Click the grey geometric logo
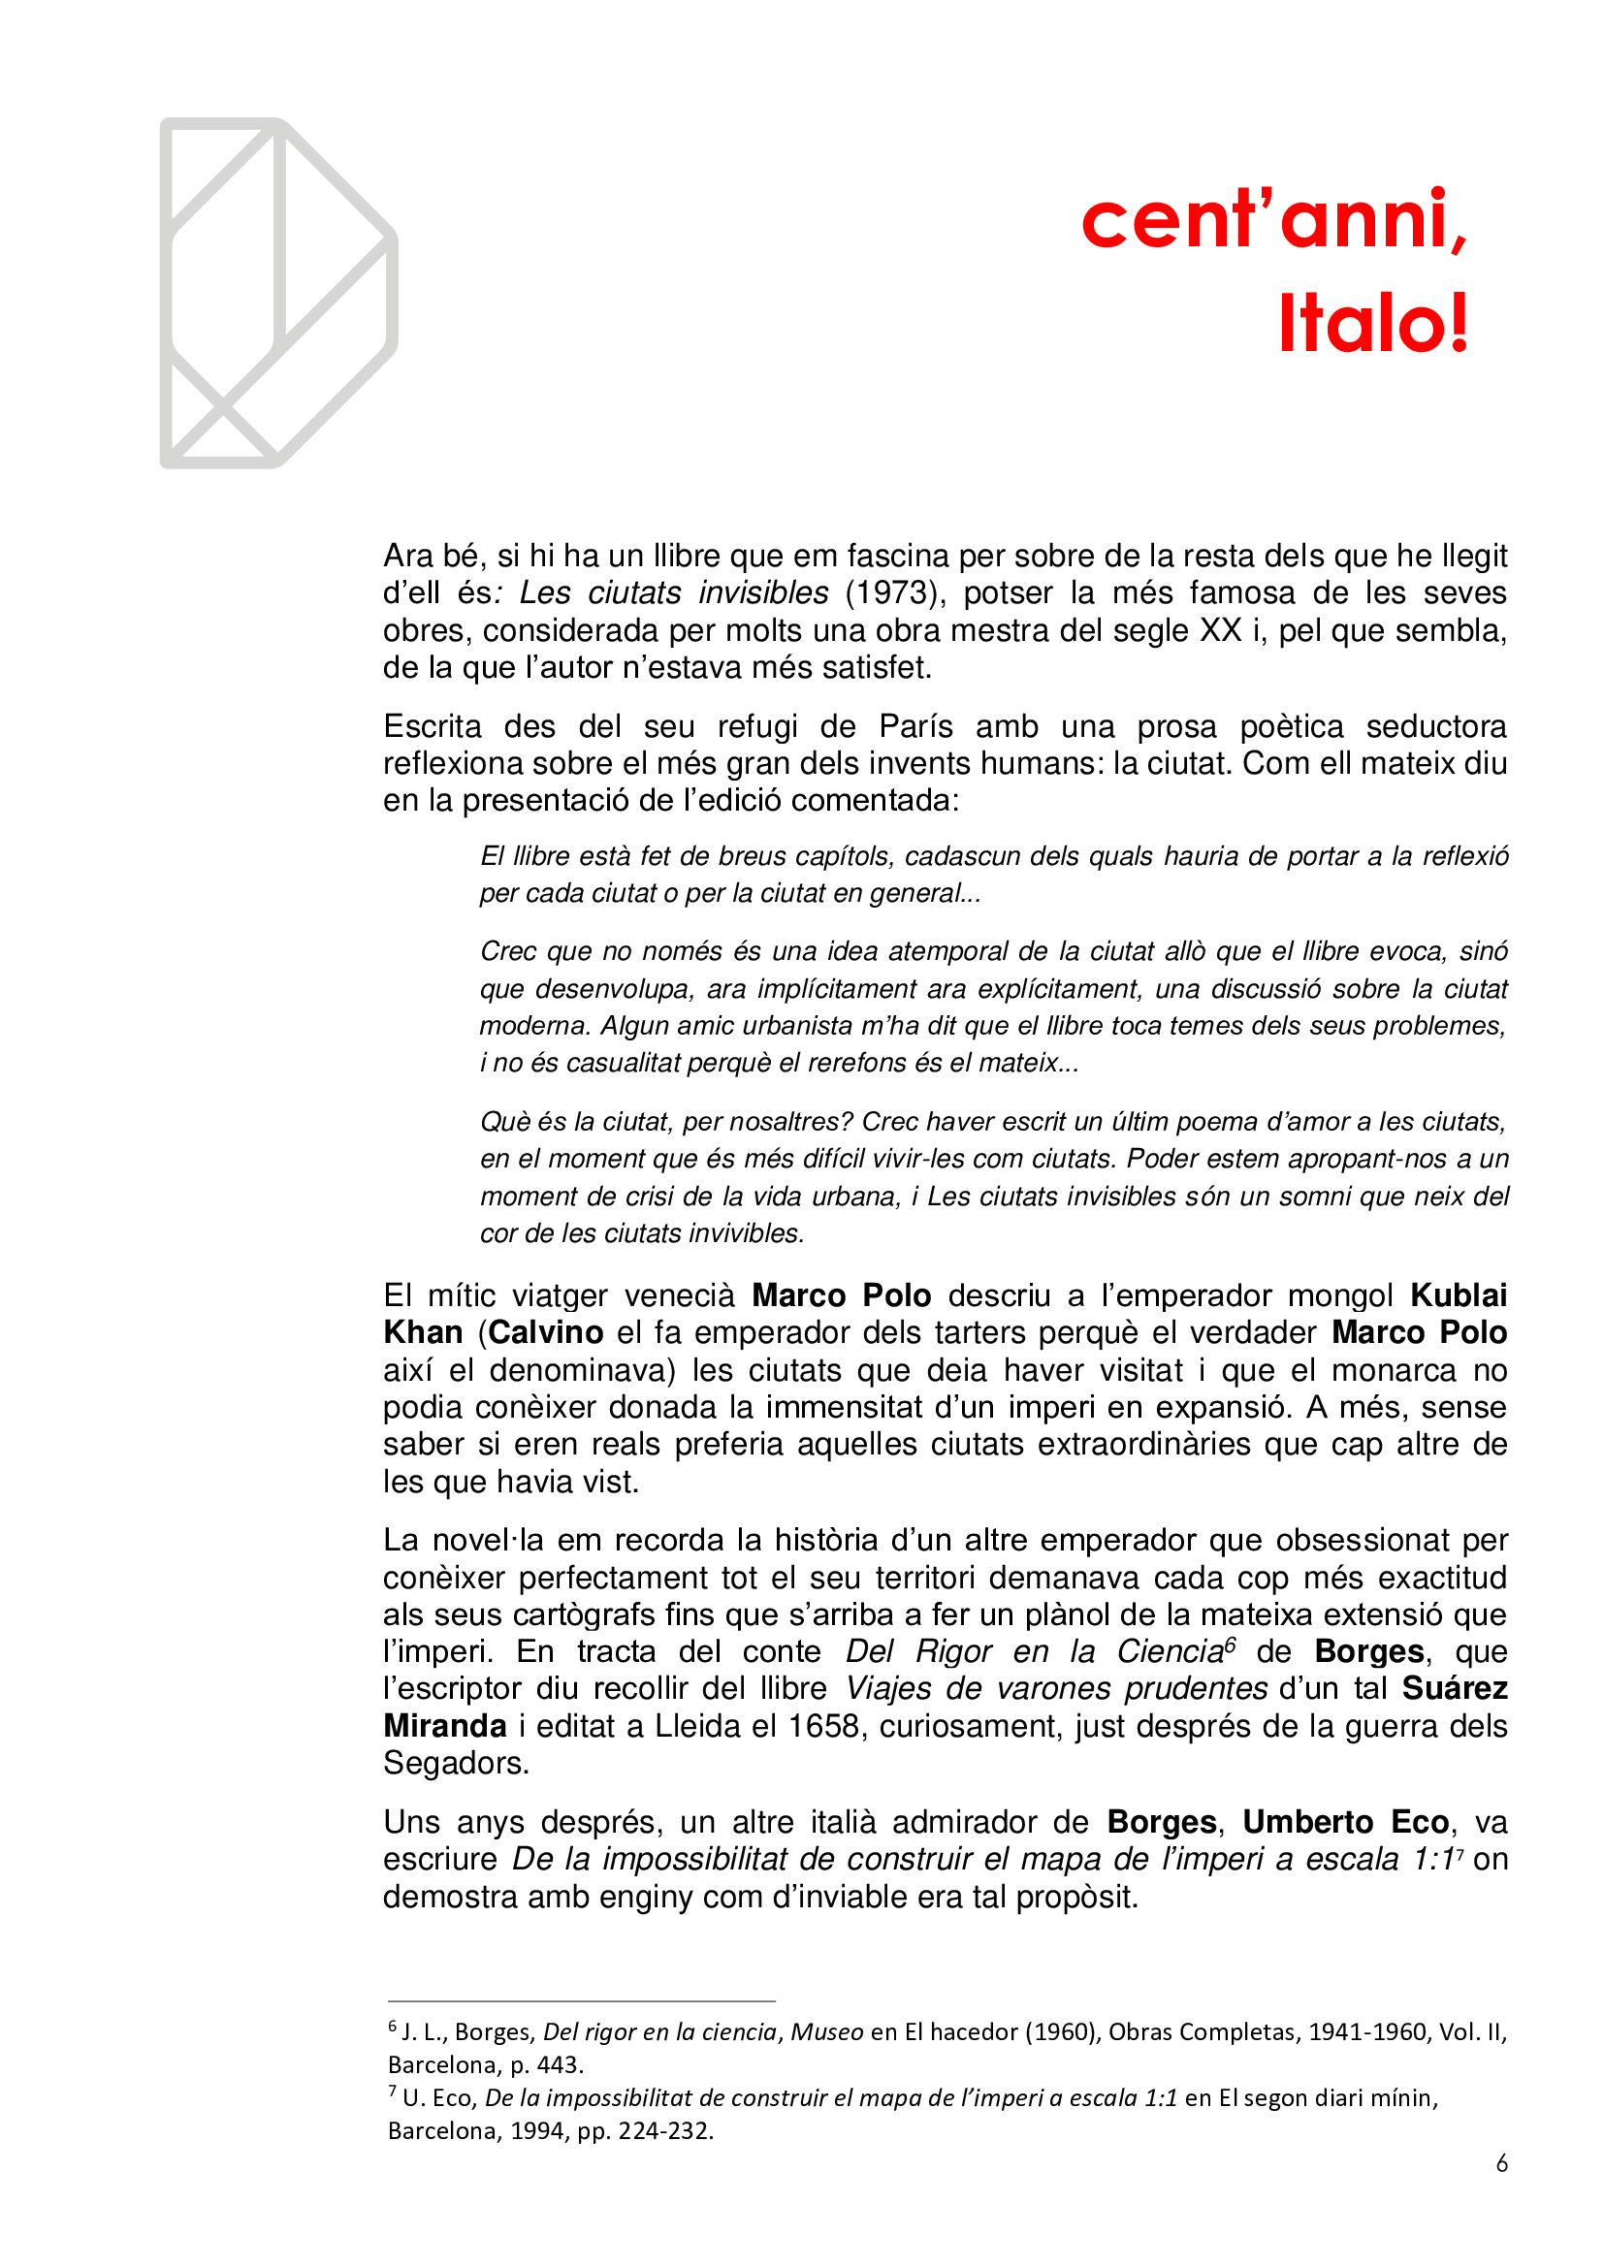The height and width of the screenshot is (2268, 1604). pyautogui.click(x=278, y=294)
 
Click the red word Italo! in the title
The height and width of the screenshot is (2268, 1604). pyautogui.click(x=1373, y=324)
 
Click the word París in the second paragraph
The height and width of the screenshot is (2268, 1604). pyautogui.click(x=915, y=726)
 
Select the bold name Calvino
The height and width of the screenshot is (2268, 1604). pyautogui.click(x=545, y=1332)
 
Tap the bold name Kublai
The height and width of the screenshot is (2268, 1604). pyautogui.click(x=1458, y=1295)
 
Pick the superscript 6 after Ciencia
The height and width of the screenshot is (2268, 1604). pyautogui.click(x=1230, y=1645)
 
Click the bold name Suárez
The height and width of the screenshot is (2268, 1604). pyautogui.click(x=1454, y=1688)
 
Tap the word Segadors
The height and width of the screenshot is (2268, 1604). pyautogui.click(x=456, y=1763)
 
